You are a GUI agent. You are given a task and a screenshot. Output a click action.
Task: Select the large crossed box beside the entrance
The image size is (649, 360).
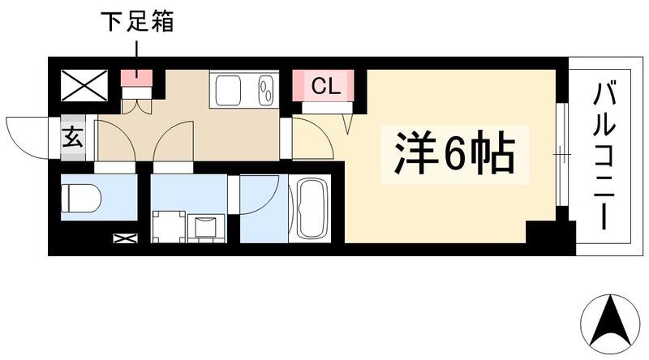(84, 84)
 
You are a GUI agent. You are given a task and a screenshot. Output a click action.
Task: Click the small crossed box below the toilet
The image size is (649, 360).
(126, 238)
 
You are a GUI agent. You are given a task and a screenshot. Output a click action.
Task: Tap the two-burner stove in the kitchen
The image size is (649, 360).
(265, 88)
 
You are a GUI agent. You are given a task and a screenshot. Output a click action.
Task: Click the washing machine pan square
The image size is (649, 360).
(170, 226)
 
